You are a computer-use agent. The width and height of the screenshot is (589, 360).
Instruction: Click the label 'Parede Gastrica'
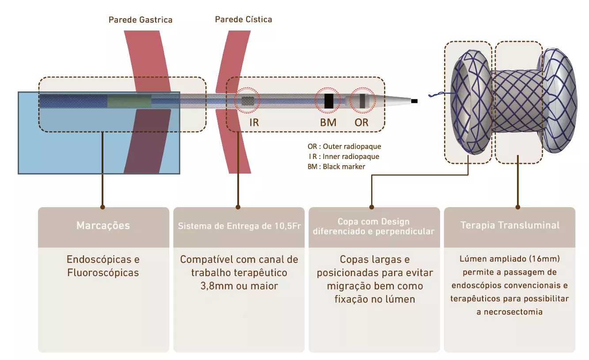(x=141, y=20)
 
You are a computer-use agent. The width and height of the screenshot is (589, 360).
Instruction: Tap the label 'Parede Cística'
(x=243, y=19)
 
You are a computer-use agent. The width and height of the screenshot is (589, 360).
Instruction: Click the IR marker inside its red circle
(x=248, y=101)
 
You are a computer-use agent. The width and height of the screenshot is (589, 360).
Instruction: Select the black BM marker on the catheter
(x=328, y=101)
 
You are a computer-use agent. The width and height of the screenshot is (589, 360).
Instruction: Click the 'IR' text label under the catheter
(x=254, y=122)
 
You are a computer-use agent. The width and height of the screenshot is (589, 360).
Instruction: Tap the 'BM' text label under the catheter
(x=328, y=122)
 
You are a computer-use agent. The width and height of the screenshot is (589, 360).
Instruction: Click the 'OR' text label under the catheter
(x=361, y=122)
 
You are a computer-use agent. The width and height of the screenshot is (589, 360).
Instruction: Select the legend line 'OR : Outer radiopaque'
(x=344, y=146)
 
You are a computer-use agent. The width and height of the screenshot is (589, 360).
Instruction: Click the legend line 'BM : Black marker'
(x=336, y=167)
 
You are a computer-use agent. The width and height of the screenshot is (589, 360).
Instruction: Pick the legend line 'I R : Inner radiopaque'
(x=344, y=156)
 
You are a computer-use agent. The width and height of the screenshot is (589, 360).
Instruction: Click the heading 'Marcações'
(x=103, y=226)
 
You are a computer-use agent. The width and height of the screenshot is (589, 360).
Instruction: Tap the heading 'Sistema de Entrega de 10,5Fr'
(x=239, y=226)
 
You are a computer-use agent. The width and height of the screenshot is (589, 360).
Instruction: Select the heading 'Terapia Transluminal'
(x=510, y=225)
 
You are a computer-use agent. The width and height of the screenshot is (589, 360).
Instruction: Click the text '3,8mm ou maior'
(x=239, y=286)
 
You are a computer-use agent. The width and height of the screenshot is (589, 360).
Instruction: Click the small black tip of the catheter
(x=414, y=102)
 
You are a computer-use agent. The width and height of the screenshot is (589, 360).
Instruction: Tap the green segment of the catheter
(x=129, y=101)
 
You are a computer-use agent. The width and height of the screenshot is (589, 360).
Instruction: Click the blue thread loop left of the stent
(x=435, y=94)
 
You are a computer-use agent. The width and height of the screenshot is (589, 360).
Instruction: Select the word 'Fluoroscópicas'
(x=103, y=273)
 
